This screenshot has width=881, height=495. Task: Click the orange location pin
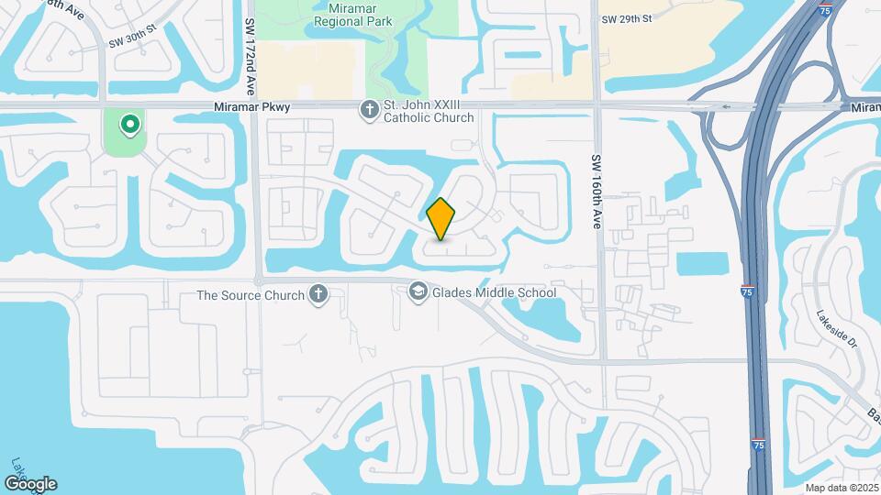tap(441, 218)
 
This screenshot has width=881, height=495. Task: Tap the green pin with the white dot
tap(130, 124)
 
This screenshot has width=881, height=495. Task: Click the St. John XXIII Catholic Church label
tap(429, 111)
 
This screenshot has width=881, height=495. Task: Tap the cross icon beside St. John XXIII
tap(370, 110)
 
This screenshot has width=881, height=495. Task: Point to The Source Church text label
tap(251, 295)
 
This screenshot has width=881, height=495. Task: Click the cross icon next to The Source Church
tap(318, 294)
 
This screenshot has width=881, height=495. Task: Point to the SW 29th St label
tap(626, 18)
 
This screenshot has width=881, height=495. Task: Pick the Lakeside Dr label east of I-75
tap(835, 331)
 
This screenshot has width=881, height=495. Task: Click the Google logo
tap(30, 483)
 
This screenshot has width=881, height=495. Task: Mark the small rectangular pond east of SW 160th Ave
tap(704, 263)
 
